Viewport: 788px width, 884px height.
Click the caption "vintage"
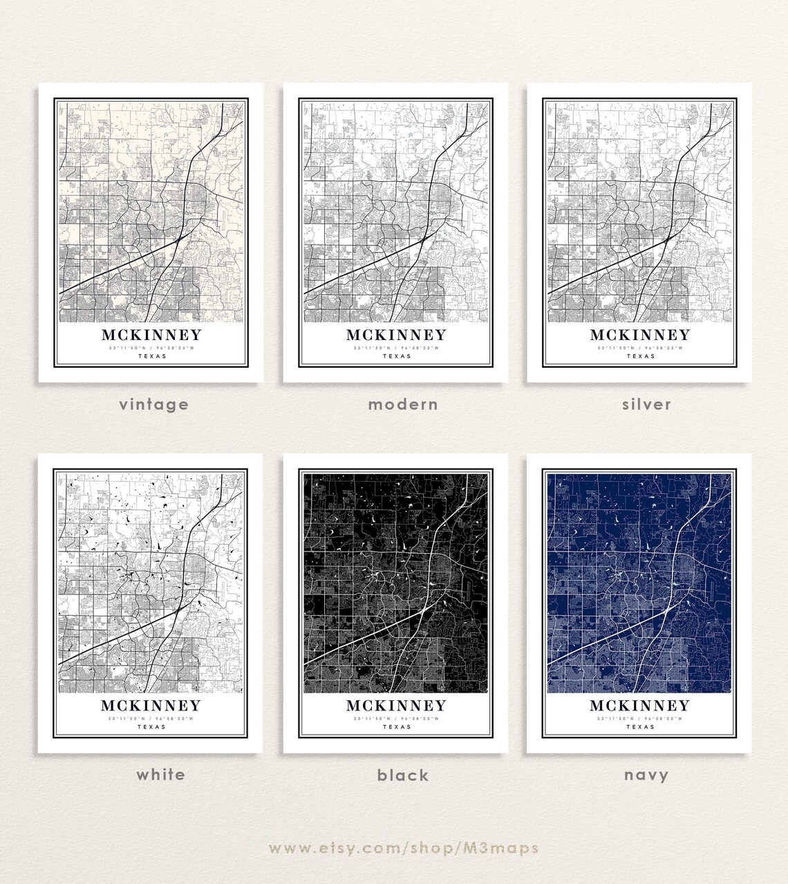(153, 404)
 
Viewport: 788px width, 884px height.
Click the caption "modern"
(403, 404)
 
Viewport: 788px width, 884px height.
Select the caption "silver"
(646, 404)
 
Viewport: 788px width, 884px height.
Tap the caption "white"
(160, 774)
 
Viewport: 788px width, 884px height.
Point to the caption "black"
(403, 775)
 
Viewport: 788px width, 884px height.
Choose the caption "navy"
(646, 775)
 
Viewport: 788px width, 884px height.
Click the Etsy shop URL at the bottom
(403, 847)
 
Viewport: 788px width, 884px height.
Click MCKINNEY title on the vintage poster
(152, 335)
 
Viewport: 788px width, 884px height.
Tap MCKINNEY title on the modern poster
(396, 335)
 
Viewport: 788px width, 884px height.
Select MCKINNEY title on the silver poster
(640, 335)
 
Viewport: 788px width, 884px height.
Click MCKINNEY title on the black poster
(396, 706)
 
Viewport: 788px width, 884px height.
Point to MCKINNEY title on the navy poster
(640, 706)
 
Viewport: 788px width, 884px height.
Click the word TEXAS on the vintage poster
(152, 357)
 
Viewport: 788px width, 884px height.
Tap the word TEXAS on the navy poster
(640, 727)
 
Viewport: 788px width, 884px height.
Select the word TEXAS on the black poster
(396, 727)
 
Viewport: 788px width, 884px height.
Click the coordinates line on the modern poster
(396, 348)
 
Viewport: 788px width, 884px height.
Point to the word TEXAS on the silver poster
(640, 357)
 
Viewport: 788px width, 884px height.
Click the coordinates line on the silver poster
(640, 348)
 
